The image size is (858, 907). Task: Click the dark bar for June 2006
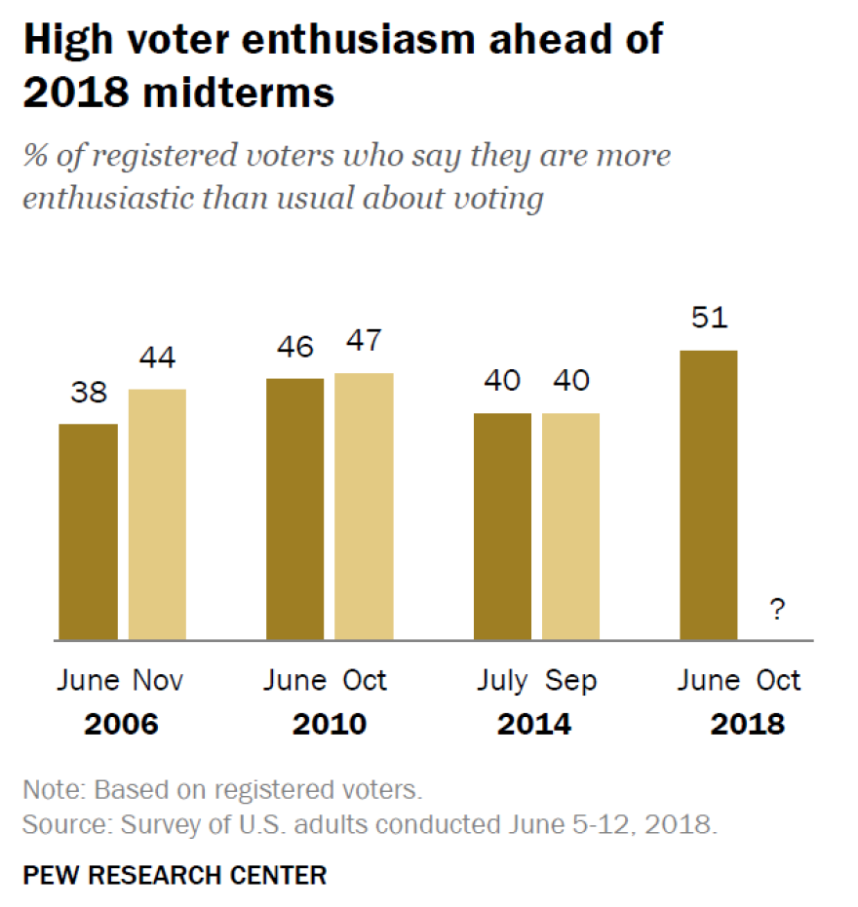coord(89,532)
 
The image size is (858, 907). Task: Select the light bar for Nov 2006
coord(157,514)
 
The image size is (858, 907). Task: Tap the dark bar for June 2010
coord(295,509)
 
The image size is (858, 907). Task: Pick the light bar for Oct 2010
coord(364,507)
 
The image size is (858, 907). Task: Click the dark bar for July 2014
coord(502,526)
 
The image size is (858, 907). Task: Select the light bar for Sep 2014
coord(570,526)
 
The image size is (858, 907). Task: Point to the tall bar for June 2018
coord(709,495)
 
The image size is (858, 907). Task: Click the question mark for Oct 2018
coord(777,611)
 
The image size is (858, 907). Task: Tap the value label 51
coord(709,320)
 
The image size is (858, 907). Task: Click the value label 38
coord(89,394)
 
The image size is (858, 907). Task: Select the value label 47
coord(364,342)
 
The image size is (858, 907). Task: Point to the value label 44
coord(157,359)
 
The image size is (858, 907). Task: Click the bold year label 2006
coord(121,725)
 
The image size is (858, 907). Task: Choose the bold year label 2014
coord(534,725)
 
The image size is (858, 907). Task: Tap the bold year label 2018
coord(747,725)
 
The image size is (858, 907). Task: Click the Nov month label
coord(158,680)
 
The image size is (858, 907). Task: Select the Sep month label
coord(570,680)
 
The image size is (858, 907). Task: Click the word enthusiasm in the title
coord(371,40)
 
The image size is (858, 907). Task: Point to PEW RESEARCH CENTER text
coord(175,875)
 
